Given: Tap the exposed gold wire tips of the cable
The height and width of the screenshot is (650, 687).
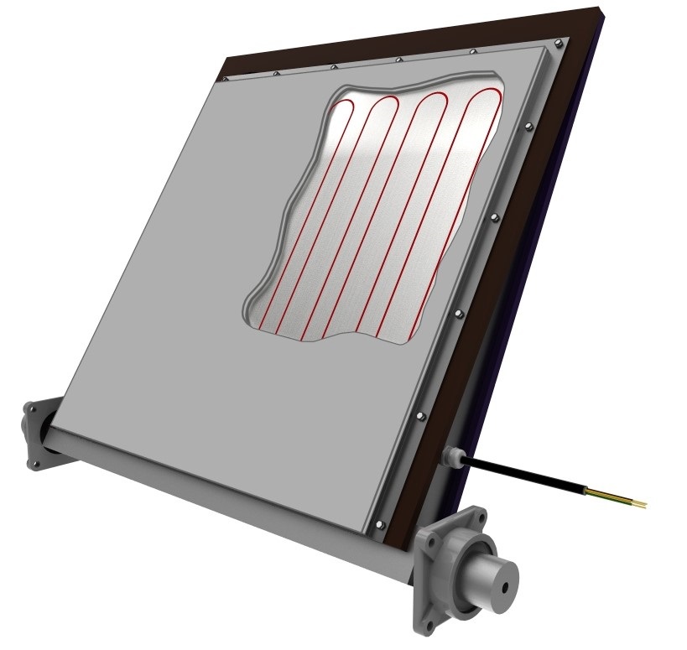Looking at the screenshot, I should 637,502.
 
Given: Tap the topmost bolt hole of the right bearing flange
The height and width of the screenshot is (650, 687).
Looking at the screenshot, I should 480,511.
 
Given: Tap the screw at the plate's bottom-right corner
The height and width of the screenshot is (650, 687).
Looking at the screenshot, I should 383,525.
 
